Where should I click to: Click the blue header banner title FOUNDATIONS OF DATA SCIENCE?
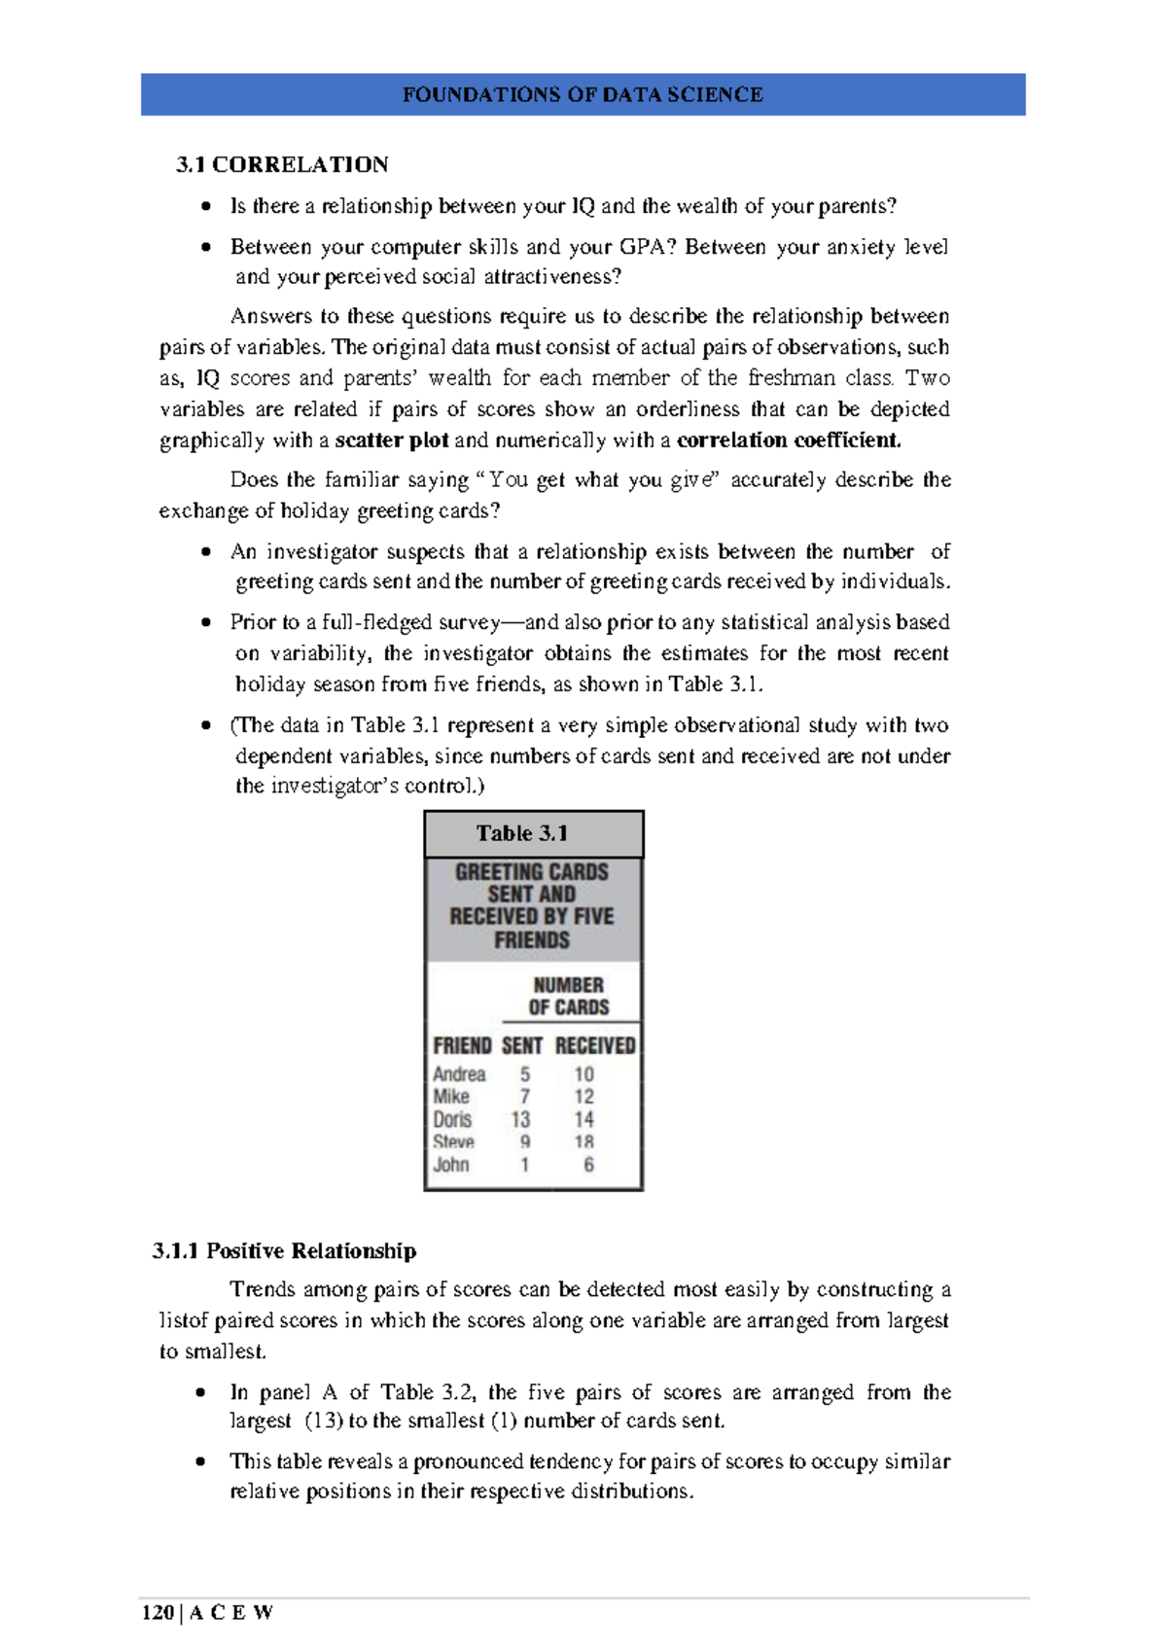583,94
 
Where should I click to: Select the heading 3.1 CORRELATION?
282,164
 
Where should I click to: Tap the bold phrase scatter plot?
392,440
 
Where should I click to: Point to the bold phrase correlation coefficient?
789,440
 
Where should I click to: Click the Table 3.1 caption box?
533,833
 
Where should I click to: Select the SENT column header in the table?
522,1045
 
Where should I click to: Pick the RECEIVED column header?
595,1045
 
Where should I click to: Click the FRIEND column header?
462,1045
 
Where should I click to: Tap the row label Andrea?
459,1074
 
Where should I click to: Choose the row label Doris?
452,1119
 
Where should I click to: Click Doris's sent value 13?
521,1119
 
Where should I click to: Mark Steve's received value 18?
583,1142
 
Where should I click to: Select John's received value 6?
588,1165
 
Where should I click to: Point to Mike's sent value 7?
525,1097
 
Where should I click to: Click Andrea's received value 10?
583,1074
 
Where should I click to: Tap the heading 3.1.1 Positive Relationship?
284,1250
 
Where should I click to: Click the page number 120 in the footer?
157,1613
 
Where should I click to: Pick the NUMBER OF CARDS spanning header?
569,996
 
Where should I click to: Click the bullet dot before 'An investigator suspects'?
206,552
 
